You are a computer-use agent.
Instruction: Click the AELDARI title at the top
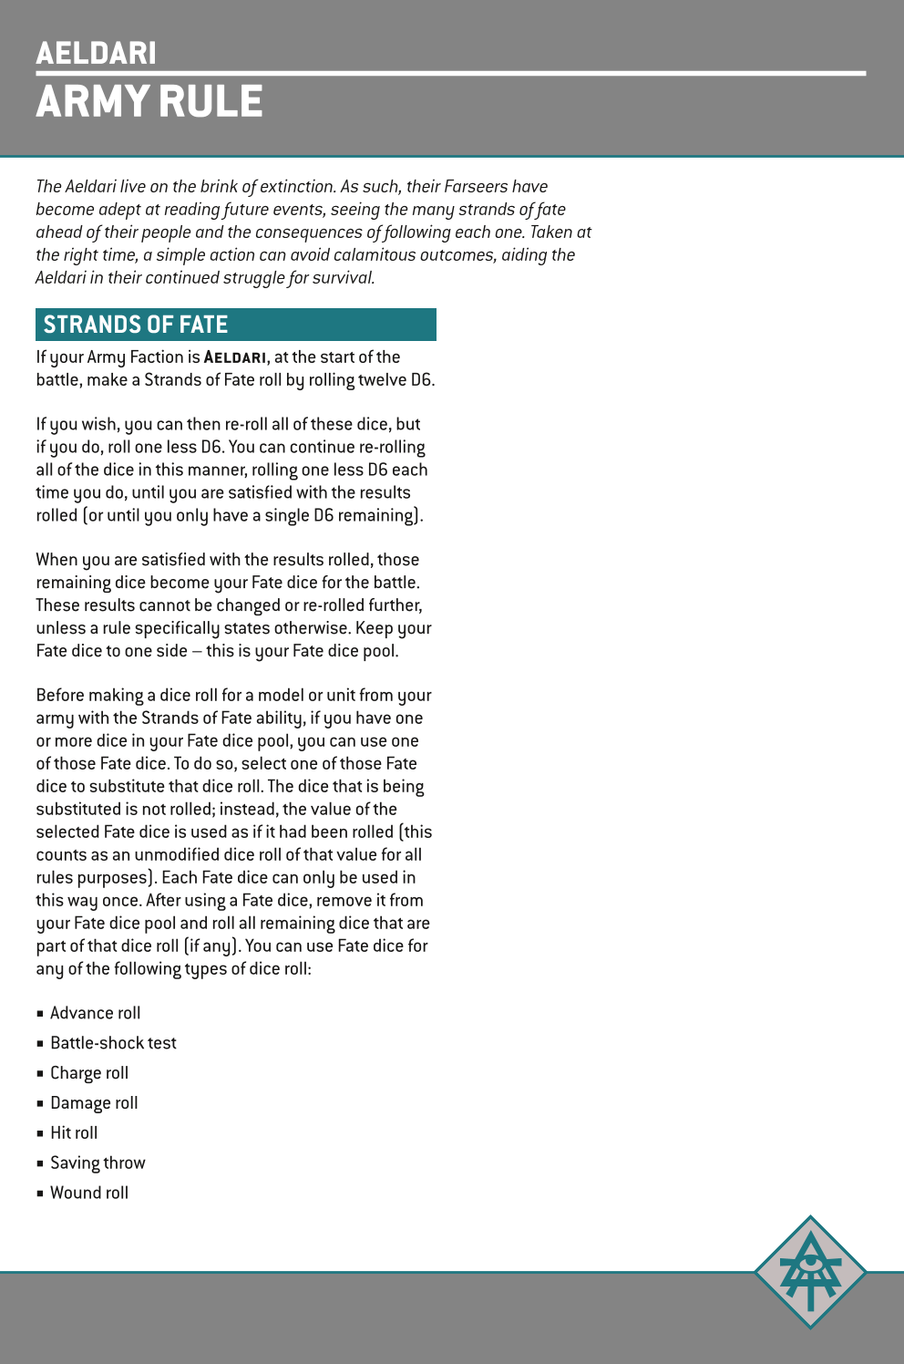pos(96,53)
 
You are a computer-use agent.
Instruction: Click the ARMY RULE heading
pos(149,101)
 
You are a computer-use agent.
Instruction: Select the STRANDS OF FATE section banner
pos(235,325)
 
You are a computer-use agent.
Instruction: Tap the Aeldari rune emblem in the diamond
pos(810,1271)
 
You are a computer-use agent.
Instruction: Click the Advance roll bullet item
pos(95,1013)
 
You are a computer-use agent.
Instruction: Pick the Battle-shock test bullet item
pos(113,1043)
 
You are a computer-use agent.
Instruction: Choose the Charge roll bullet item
pos(89,1073)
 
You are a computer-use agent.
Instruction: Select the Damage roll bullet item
pos(94,1103)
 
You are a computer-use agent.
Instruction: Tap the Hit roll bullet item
pos(74,1133)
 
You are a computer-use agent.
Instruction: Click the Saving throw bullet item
pos(98,1163)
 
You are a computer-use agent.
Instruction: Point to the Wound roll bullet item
pos(89,1193)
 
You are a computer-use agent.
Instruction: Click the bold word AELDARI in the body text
pos(235,357)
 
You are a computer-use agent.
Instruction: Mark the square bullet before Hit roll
pos(40,1133)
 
